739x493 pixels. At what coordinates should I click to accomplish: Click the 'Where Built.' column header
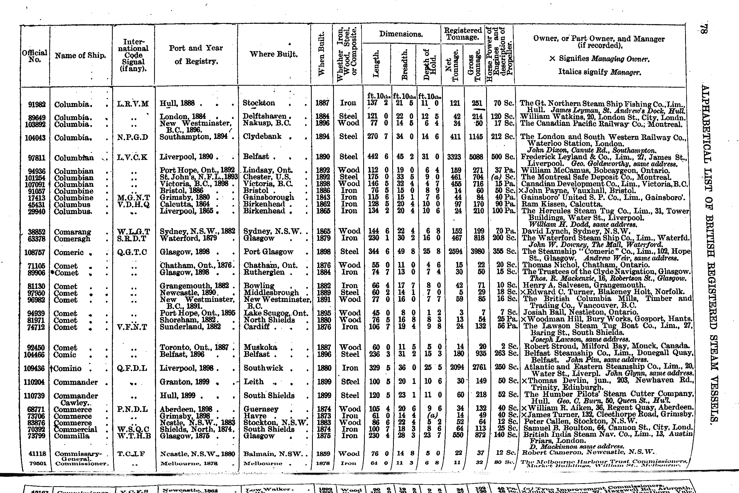[x=273, y=54]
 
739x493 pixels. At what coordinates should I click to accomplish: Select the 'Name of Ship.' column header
[x=80, y=56]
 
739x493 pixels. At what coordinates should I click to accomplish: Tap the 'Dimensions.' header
[x=401, y=34]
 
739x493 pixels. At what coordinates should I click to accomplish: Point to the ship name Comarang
[x=72, y=232]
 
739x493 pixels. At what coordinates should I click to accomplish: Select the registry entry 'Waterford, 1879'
[x=188, y=238]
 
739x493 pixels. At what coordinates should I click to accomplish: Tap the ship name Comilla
[x=71, y=436]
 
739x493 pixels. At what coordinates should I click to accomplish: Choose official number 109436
[x=34, y=368]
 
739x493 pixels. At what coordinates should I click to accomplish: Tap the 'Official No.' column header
[x=34, y=56]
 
